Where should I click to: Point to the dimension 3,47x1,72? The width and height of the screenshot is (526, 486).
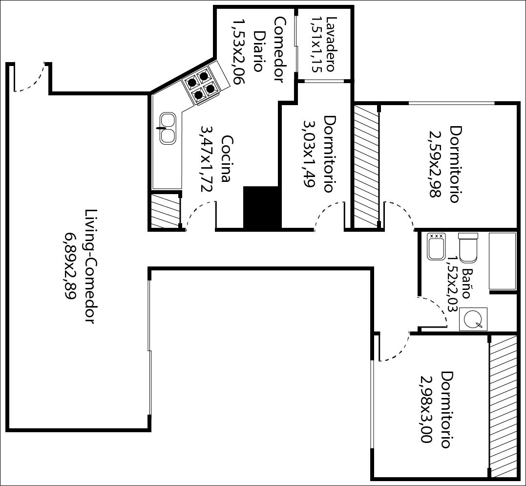[207, 158]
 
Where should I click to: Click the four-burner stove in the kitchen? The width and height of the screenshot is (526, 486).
[201, 85]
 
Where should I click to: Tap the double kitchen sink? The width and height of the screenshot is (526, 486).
[168, 128]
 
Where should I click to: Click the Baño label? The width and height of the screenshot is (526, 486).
[468, 284]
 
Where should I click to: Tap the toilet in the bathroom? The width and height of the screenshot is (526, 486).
[468, 247]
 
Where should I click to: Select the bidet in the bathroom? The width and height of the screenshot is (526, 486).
[436, 246]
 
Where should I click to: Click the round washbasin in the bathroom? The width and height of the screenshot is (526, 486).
[473, 319]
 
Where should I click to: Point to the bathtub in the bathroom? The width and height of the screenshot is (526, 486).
[502, 261]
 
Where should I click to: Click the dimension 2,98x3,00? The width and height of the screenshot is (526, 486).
[426, 409]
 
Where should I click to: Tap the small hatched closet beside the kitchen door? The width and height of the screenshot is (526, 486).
[165, 211]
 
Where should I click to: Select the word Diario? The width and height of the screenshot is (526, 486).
[258, 51]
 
